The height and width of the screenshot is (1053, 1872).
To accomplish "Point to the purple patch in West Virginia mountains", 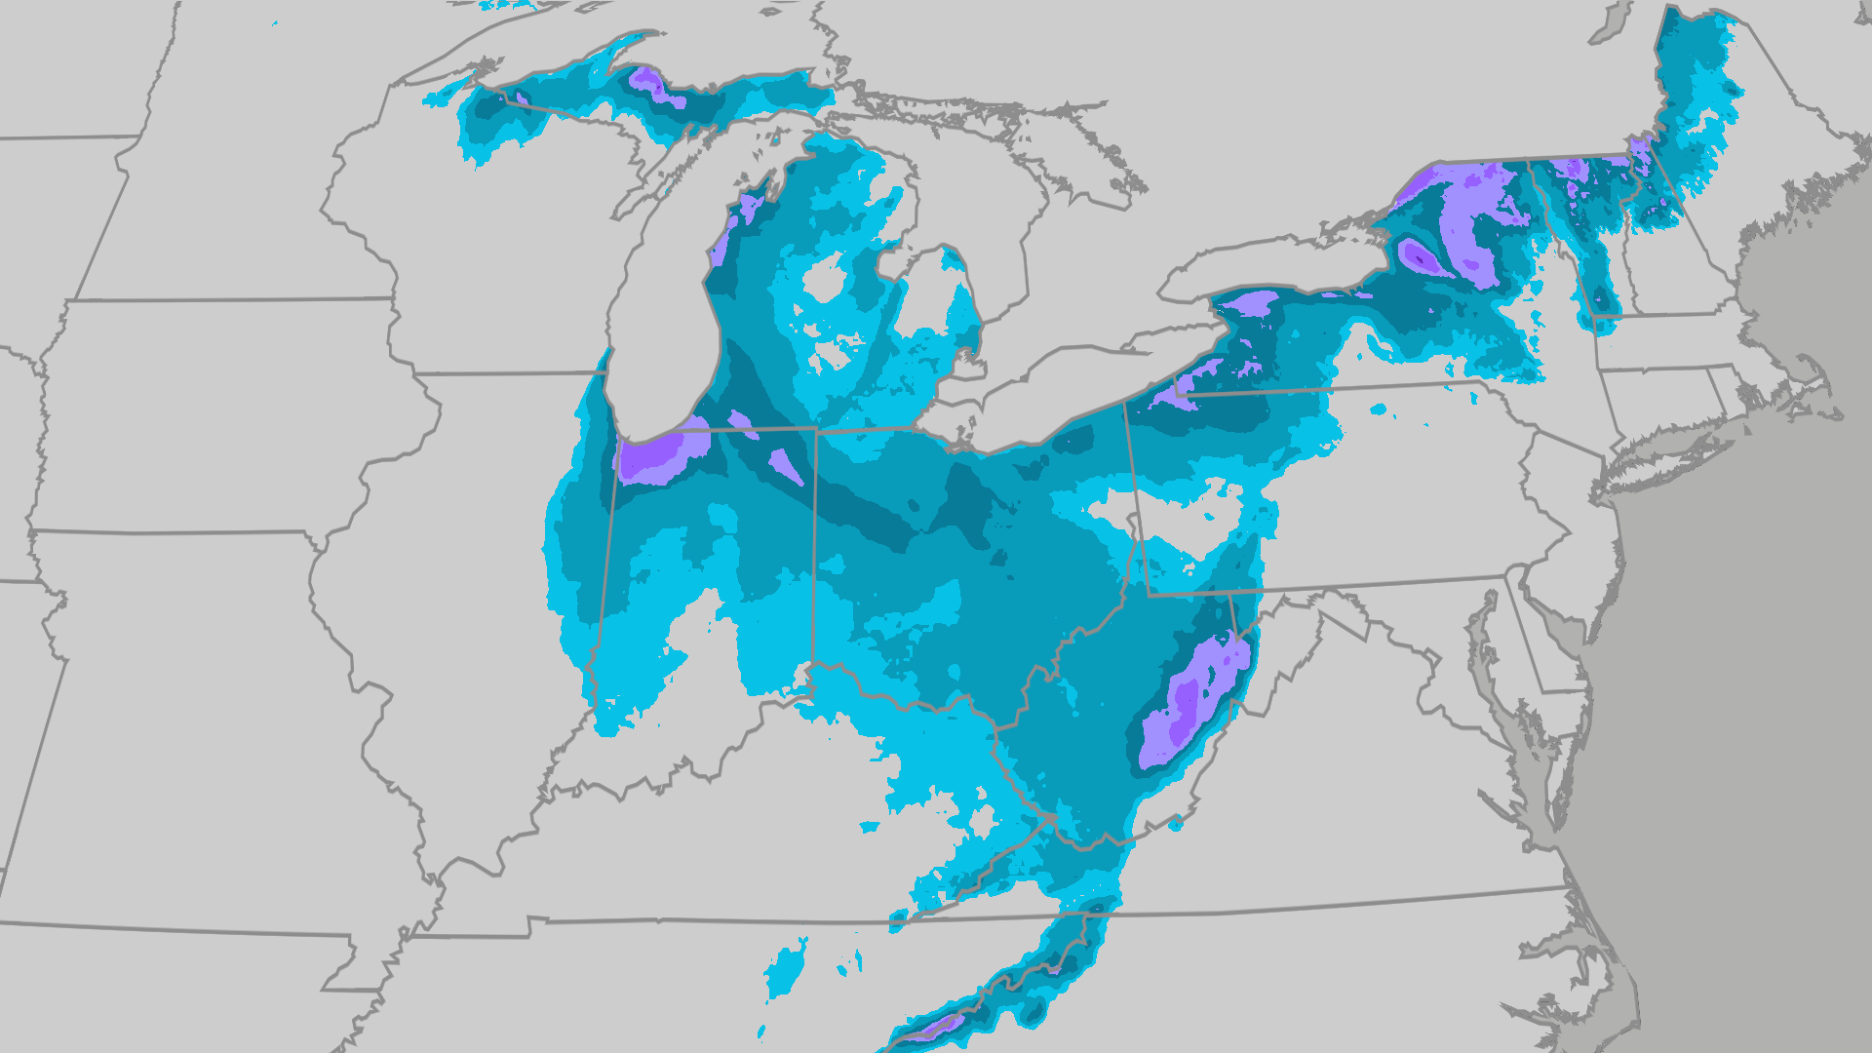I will (1185, 702).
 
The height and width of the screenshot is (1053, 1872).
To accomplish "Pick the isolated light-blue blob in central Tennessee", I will (785, 965).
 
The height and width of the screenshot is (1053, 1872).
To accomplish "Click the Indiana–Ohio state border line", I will (815, 546).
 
